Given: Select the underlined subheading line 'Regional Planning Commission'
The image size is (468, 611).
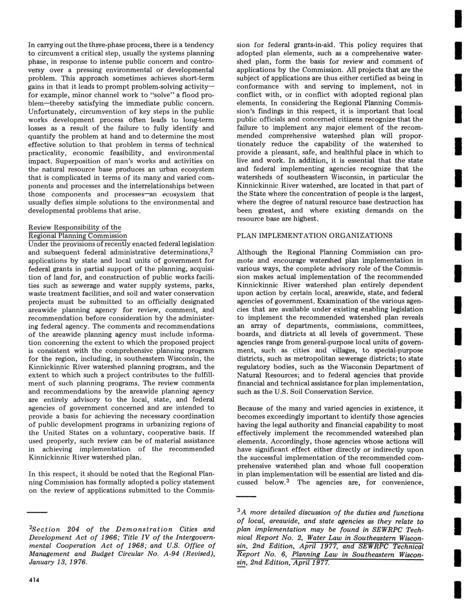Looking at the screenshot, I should coord(77,236).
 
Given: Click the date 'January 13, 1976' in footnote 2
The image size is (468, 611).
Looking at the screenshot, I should coord(58,562).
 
